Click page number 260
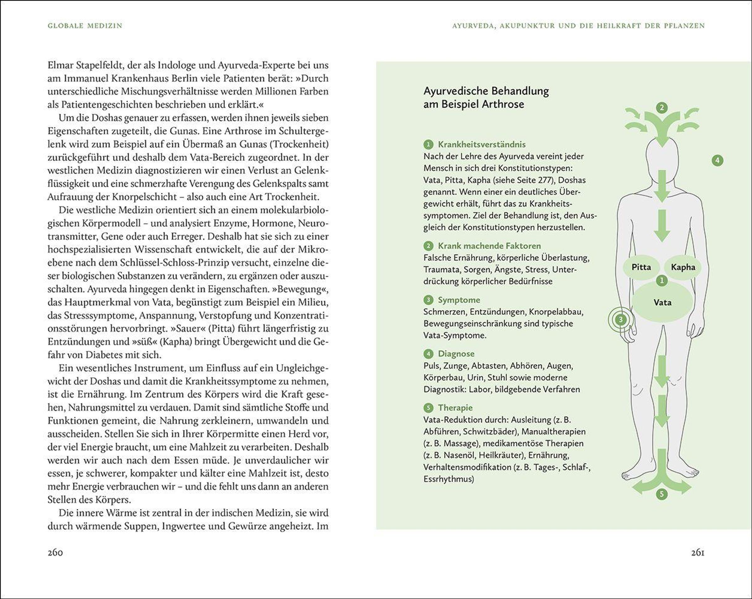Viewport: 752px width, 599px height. [55, 553]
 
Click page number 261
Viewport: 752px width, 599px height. [697, 553]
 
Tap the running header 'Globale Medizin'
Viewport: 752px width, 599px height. [85, 26]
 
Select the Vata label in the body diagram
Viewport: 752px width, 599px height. [662, 302]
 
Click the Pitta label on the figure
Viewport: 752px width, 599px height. [641, 267]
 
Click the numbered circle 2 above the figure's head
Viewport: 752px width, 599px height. [662, 108]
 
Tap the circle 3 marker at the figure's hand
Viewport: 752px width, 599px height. [620, 319]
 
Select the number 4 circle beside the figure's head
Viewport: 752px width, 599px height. [717, 160]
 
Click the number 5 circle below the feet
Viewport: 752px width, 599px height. [661, 494]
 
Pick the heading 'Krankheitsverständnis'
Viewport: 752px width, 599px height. [481, 144]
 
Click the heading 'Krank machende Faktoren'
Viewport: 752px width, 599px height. [489, 246]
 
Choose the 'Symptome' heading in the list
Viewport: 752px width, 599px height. [459, 300]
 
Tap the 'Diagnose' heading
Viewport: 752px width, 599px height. [456, 354]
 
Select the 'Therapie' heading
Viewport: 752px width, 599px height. [455, 407]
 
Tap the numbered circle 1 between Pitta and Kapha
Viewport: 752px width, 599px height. [662, 280]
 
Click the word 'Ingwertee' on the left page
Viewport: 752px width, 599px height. [185, 526]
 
